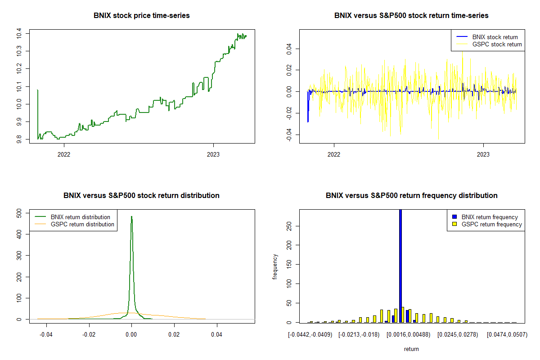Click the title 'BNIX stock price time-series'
tap(142, 16)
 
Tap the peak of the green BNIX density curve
tap(131, 216)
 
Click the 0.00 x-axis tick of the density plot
tap(131, 335)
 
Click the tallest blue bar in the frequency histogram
tap(400, 265)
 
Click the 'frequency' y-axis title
tap(275, 267)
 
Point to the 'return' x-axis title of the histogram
tap(411, 349)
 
